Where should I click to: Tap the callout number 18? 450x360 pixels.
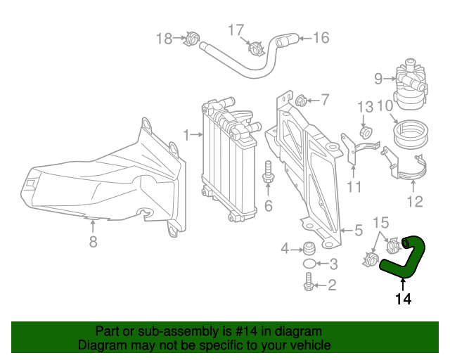[163, 38]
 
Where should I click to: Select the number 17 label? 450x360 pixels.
[236, 30]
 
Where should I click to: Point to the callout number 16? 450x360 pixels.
[321, 38]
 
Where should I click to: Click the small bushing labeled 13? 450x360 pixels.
[366, 131]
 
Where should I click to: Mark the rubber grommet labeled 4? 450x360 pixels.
[307, 248]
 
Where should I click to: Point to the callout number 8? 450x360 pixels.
[93, 243]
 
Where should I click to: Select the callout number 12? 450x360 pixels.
[414, 202]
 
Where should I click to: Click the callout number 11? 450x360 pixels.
[353, 187]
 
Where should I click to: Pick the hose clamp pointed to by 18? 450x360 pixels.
[188, 39]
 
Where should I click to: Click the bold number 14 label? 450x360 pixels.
[402, 299]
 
